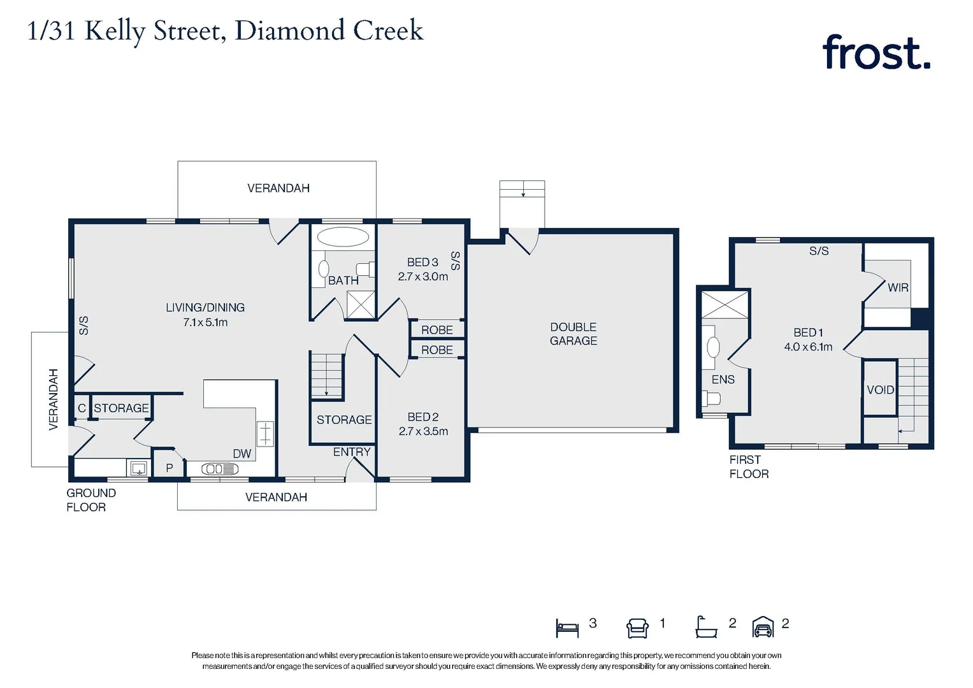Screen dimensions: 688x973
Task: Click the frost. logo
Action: click(x=876, y=53)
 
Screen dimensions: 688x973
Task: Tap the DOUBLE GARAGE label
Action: click(x=573, y=334)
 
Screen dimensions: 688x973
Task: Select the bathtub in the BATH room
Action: click(x=343, y=237)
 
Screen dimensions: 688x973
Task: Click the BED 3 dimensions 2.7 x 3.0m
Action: click(x=423, y=277)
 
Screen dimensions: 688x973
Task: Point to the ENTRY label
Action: click(x=352, y=452)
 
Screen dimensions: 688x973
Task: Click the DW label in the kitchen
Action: click(x=242, y=454)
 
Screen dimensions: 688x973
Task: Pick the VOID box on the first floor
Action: click(x=880, y=389)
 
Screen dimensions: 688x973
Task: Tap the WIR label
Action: click(x=898, y=288)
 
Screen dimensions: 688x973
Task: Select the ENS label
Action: click(x=723, y=380)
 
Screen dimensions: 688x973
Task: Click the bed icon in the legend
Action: click(x=567, y=628)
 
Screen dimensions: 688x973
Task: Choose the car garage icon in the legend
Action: click(x=763, y=627)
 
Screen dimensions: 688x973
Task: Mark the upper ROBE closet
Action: click(x=437, y=330)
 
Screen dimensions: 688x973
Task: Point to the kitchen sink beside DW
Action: click(x=220, y=469)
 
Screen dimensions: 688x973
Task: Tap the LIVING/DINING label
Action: click(x=205, y=308)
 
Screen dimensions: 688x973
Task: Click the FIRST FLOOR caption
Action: click(x=749, y=467)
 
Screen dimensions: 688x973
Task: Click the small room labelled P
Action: click(x=169, y=467)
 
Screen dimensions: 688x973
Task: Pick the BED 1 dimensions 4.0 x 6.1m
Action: click(x=808, y=347)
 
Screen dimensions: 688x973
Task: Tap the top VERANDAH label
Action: click(x=278, y=189)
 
